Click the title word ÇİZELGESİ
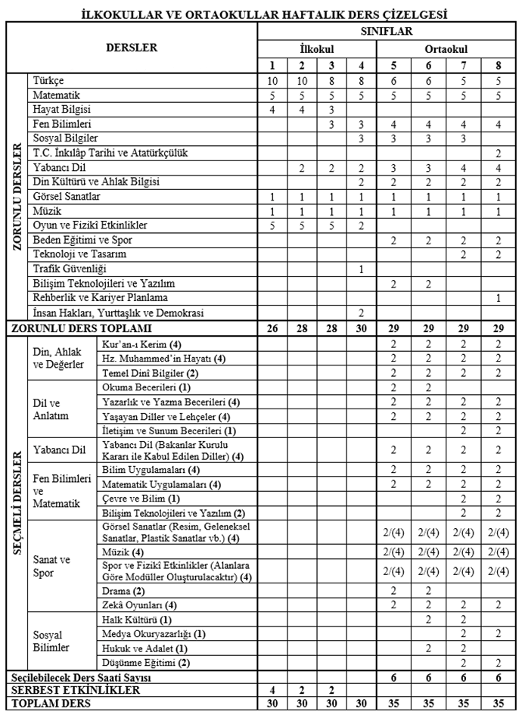coord(411,14)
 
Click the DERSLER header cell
coord(131,47)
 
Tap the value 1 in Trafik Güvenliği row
coord(361,269)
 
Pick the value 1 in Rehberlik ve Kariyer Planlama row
coord(498,297)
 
